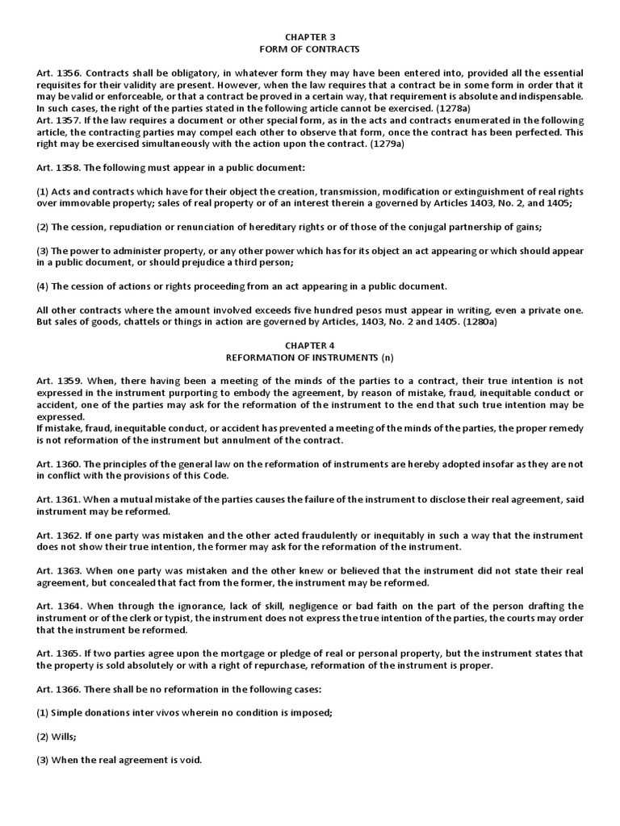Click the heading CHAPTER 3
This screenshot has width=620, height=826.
309,37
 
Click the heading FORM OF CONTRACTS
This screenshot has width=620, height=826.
309,48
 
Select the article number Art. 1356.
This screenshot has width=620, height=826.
57,73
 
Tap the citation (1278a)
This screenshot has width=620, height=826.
430,107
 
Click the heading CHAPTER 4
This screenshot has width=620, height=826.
309,345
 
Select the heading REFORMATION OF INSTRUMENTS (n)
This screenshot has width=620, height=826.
309,357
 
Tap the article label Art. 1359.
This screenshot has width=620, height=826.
57,382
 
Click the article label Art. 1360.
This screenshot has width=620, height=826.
57,464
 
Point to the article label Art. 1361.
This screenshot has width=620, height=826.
57,499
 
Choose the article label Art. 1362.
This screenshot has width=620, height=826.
57,535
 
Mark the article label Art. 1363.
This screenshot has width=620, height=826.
57,570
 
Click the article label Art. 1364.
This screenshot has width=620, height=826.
57,606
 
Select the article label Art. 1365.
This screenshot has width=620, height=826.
57,653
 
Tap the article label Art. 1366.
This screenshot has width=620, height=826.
57,689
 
